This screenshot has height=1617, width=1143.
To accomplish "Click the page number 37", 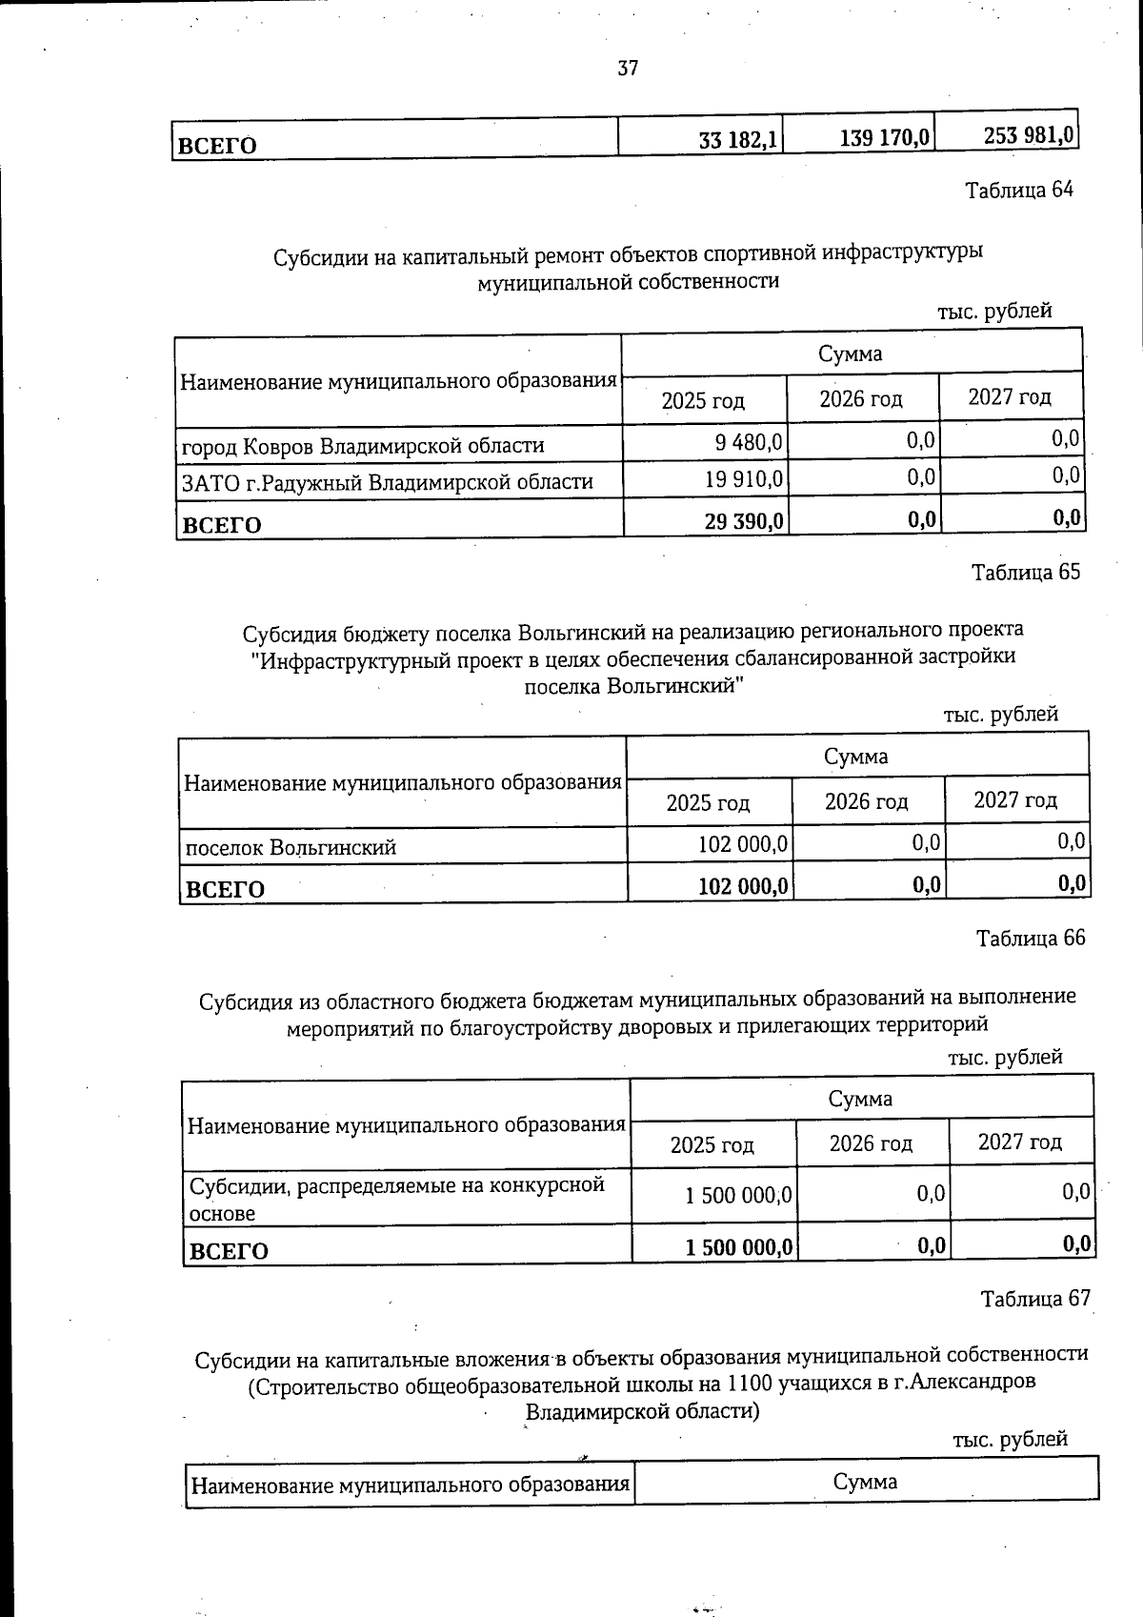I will (x=628, y=69).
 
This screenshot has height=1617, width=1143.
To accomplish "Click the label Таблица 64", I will (x=1019, y=190).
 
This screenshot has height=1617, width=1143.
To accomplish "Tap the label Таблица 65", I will (x=1026, y=572).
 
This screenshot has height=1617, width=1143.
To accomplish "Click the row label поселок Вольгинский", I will (x=290, y=847).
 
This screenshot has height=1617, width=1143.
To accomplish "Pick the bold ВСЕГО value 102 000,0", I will (x=743, y=886).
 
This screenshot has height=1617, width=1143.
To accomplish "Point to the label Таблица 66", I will (x=1031, y=938).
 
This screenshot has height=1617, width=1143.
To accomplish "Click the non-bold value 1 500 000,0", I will (x=738, y=1195).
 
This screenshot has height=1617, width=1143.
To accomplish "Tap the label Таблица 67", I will (x=1035, y=1298).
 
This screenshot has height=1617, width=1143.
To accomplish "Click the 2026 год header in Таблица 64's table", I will (x=860, y=399).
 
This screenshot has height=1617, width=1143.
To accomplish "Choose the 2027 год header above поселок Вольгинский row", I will (x=1015, y=799).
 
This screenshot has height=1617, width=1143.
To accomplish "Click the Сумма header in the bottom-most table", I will (x=865, y=1482).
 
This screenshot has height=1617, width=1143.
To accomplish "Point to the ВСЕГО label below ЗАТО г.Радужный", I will (x=221, y=524).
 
